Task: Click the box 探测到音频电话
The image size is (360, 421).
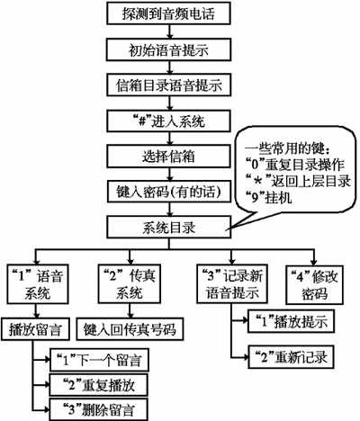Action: [163, 14]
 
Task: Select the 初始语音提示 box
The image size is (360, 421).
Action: [163, 49]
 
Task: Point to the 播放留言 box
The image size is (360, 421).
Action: [36, 327]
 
